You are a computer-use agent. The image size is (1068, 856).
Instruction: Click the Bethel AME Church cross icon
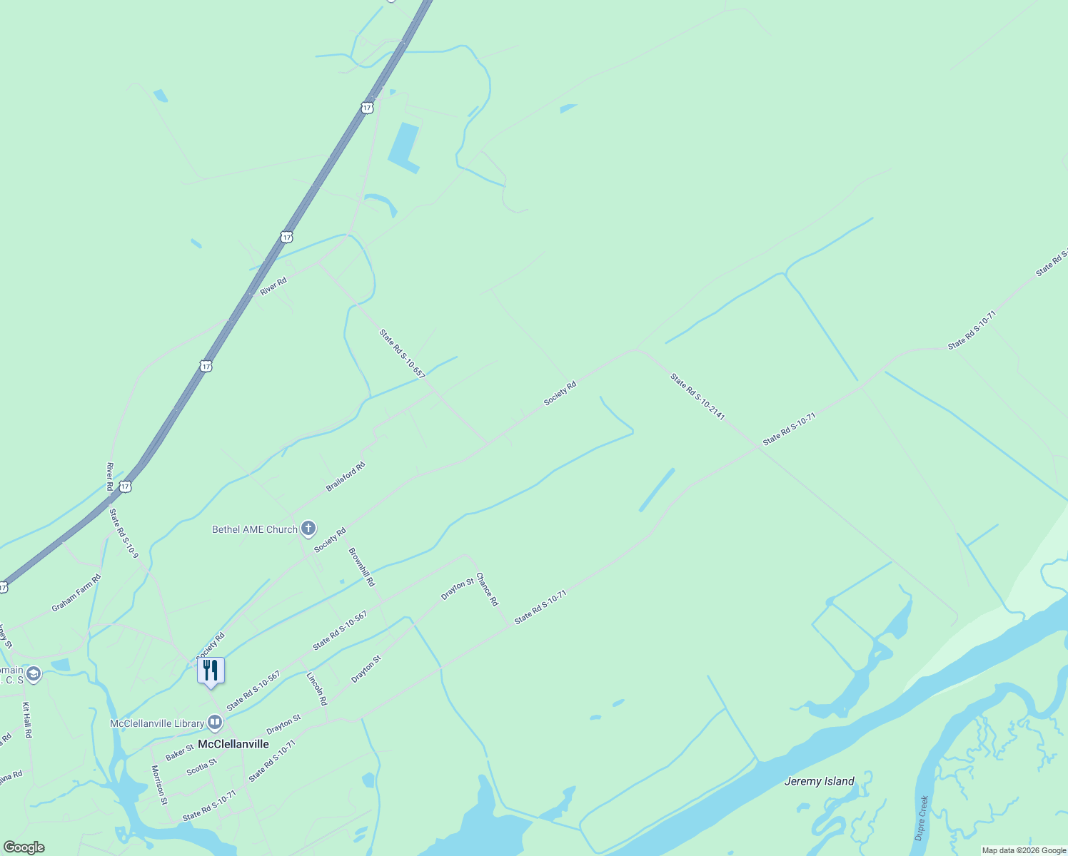pos(308,529)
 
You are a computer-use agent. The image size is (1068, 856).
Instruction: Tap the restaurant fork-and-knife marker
pos(211,671)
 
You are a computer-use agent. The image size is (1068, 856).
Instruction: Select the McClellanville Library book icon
pos(215,723)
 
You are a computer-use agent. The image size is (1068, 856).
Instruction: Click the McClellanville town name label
pos(233,744)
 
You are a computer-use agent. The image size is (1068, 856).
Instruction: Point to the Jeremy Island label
pos(819,781)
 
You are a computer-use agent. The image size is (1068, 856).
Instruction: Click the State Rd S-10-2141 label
pos(697,396)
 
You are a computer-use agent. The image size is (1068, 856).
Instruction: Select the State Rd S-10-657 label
pos(402,353)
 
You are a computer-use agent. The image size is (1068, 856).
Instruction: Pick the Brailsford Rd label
pos(346,477)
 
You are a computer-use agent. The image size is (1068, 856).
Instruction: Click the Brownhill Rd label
pos(361,567)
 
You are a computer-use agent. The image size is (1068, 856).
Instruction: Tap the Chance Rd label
pos(487,588)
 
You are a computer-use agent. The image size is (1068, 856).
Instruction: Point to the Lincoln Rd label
pos(317,688)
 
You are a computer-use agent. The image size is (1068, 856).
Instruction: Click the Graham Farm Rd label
pos(76,593)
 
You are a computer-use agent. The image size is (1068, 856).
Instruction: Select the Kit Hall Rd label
pos(27,720)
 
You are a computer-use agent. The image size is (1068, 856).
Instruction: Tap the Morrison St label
pos(158,785)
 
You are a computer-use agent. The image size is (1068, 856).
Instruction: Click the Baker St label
pos(179,752)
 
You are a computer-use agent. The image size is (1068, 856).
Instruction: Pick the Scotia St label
pos(201,768)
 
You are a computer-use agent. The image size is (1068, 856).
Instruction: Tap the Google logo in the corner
pos(24,847)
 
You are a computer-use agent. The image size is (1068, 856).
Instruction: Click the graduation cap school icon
pos(33,674)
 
